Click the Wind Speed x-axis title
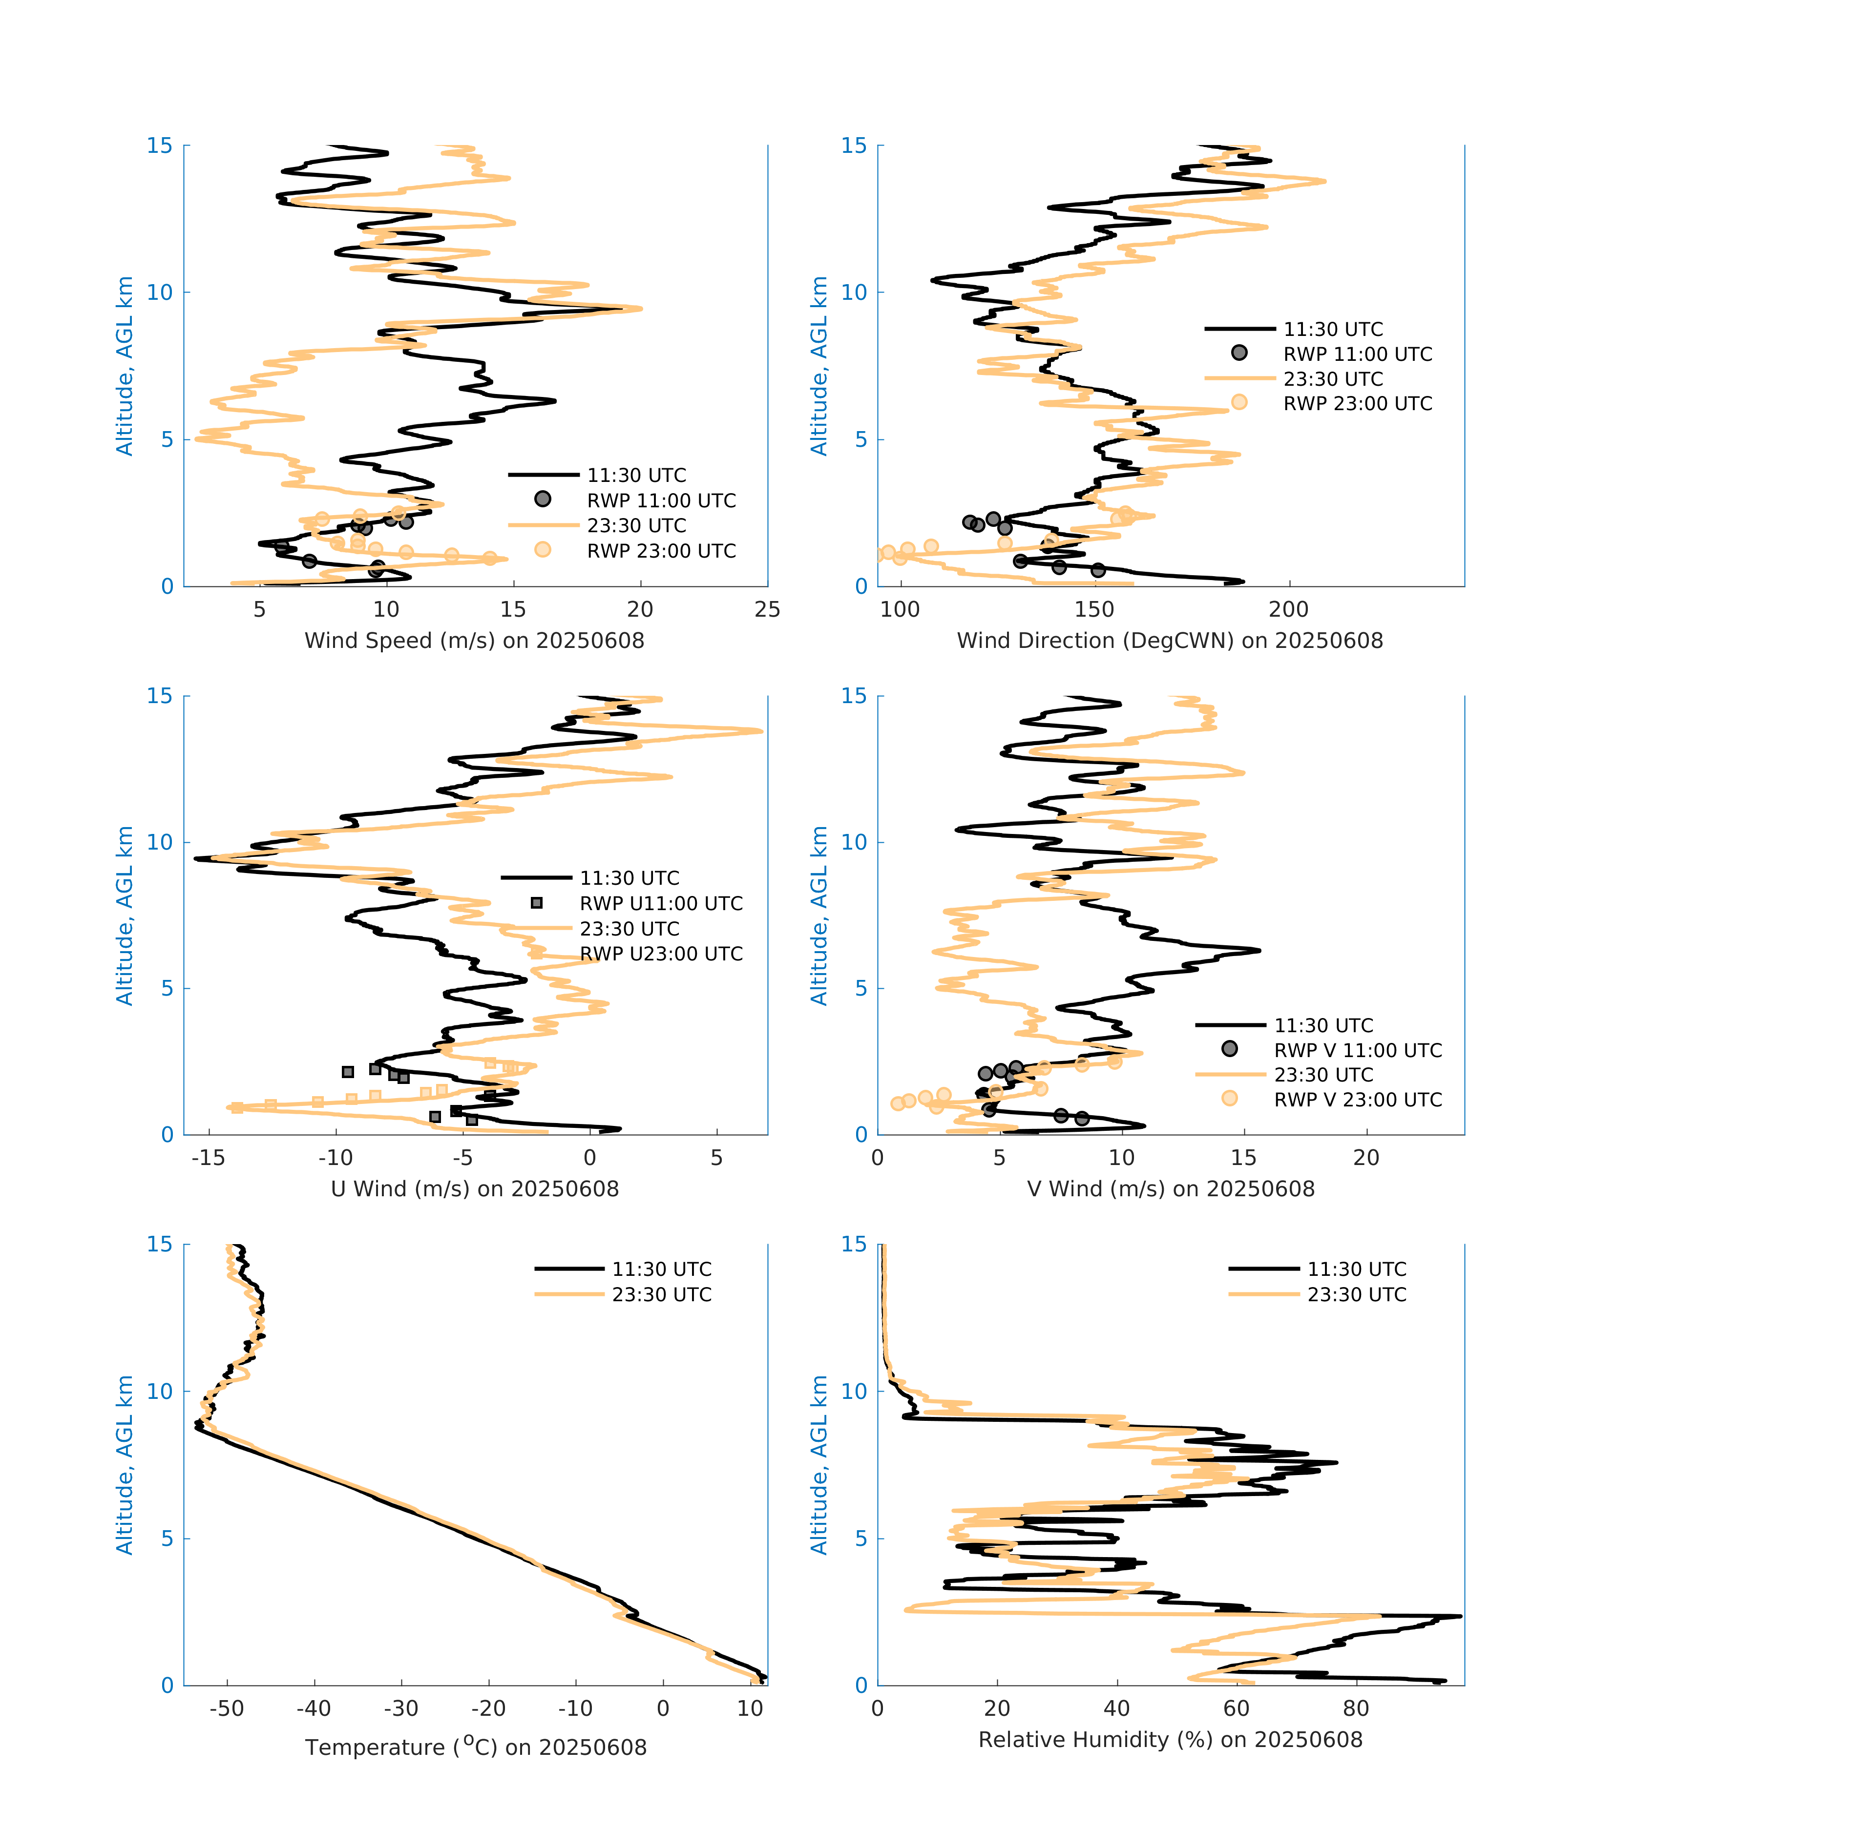click(474, 641)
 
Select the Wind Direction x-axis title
click(1170, 641)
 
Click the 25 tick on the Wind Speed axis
click(767, 610)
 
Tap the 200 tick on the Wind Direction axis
click(1288, 610)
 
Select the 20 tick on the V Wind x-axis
click(1366, 1158)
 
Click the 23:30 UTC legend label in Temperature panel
click(662, 1294)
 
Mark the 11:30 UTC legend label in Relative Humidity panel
click(1356, 1269)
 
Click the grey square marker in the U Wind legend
click(537, 903)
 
